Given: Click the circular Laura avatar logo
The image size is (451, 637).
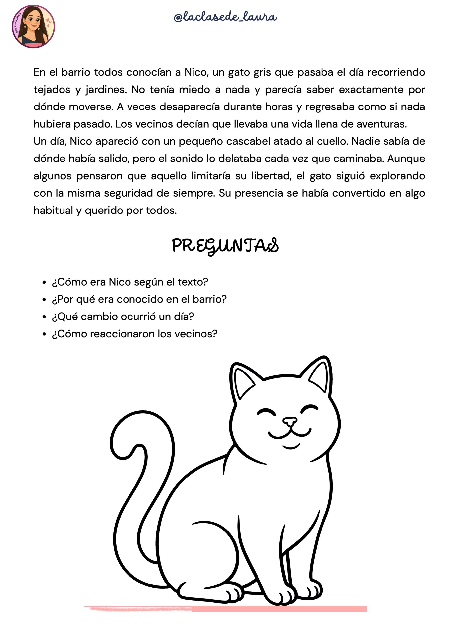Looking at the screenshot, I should pyautogui.click(x=33, y=27).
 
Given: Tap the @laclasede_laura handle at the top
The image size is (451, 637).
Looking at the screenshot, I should pyautogui.click(x=225, y=17).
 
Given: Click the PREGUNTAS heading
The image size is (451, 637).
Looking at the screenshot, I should pyautogui.click(x=225, y=246).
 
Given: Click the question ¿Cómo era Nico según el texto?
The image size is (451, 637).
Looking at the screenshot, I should pyautogui.click(x=130, y=282).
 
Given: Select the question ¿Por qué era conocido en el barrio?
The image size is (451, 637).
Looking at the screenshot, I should pyautogui.click(x=139, y=299).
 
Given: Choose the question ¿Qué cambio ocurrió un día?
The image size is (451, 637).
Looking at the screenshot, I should pyautogui.click(x=123, y=317).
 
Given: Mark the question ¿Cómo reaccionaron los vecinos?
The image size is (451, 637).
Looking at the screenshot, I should pyautogui.click(x=134, y=334).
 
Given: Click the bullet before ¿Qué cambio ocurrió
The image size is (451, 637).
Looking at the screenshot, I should pyautogui.click(x=44, y=317).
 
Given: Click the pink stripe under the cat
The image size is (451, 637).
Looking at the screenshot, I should pyautogui.click(x=278, y=609).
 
